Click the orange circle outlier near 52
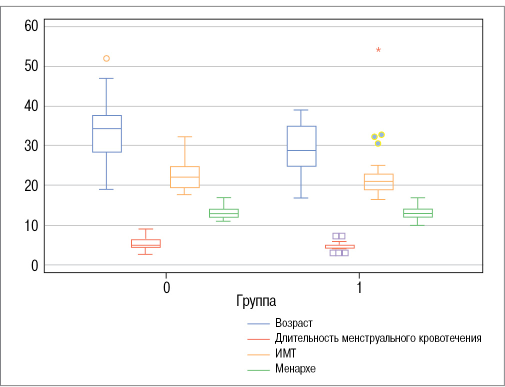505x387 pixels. (x=106, y=58)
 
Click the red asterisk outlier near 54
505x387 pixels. (x=378, y=50)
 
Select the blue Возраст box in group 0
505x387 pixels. (x=106, y=134)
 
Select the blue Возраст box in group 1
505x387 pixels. (x=301, y=146)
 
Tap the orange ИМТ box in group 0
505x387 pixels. (x=184, y=177)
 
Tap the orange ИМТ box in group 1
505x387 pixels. (x=378, y=182)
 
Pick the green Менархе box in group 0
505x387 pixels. (x=223, y=213)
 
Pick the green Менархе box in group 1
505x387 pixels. (x=417, y=213)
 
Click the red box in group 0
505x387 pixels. (x=145, y=243)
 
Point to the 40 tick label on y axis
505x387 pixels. (x=31, y=106)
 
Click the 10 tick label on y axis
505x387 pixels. (x=31, y=225)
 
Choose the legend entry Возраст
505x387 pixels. (x=293, y=323)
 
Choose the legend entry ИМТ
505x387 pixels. (x=285, y=353)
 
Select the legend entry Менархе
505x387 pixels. (x=295, y=369)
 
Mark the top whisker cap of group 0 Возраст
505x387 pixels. (x=106, y=78)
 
